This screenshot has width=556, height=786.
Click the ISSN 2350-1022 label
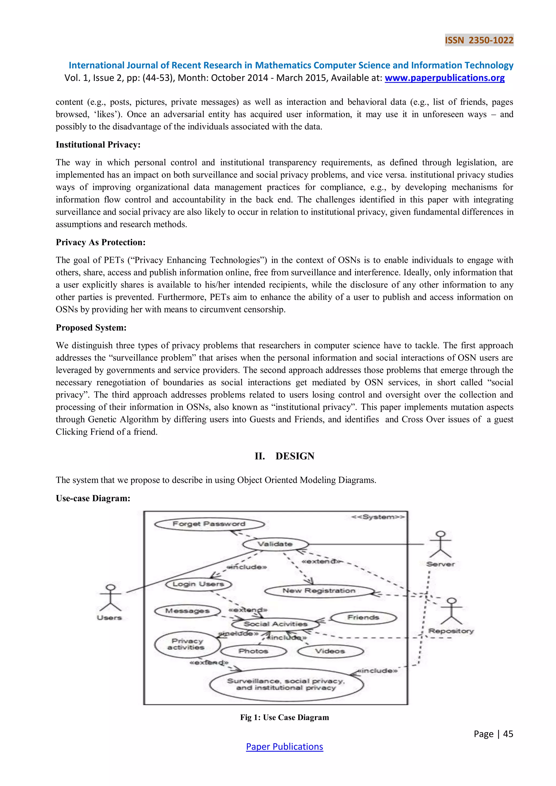(479, 40)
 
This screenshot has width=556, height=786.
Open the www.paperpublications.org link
(444, 78)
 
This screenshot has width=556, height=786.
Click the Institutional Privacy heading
(98, 145)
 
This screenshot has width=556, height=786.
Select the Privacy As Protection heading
(101, 242)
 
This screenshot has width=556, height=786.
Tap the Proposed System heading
(91, 328)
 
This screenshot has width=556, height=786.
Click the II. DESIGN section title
(284, 456)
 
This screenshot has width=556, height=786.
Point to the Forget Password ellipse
(209, 524)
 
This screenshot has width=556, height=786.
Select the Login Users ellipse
(198, 584)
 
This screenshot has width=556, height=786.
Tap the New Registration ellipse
(319, 591)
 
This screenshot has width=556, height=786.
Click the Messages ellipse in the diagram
(187, 611)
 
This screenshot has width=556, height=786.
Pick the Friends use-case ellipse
(363, 617)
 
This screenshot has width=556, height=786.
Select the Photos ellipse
(253, 651)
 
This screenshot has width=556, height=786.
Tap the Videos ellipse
(330, 651)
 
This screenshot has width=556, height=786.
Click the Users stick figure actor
(110, 598)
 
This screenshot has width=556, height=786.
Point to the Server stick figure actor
(440, 545)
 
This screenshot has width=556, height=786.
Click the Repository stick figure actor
(451, 612)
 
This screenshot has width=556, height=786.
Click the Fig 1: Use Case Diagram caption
(284, 718)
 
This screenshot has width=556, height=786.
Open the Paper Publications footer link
(284, 747)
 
